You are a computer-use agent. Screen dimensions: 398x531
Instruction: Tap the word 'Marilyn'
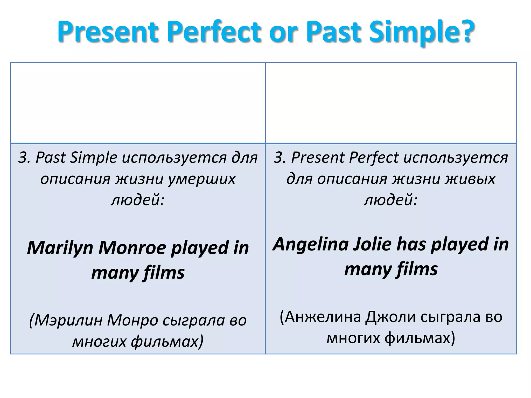(60, 248)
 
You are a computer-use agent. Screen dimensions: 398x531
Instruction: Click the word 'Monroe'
(132, 248)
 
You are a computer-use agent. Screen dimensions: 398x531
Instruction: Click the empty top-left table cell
(138, 103)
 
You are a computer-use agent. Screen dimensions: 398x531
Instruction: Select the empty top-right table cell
(391, 103)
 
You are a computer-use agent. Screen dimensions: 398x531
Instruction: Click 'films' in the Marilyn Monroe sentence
(164, 273)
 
